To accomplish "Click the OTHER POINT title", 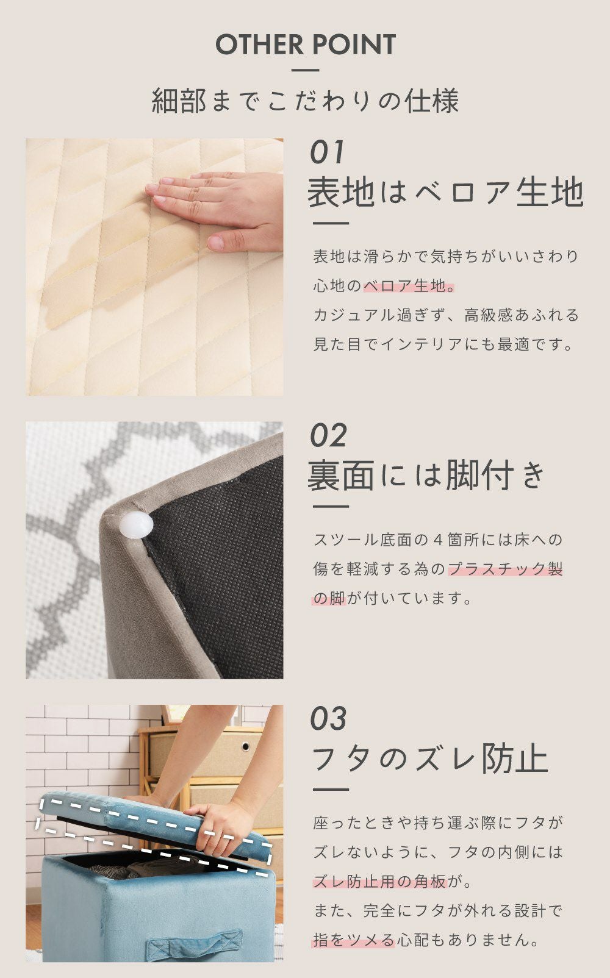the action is pyautogui.click(x=305, y=45).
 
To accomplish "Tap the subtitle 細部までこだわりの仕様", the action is pyautogui.click(x=305, y=101).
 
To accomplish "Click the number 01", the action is pyautogui.click(x=327, y=152).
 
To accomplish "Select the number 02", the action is pyautogui.click(x=328, y=435).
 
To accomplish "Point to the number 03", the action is pyautogui.click(x=328, y=718).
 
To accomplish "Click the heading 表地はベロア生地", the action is pyautogui.click(x=445, y=192).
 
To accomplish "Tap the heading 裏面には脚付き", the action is pyautogui.click(x=426, y=475).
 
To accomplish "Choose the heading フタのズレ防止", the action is pyautogui.click(x=430, y=758).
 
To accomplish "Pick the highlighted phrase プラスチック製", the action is pyautogui.click(x=506, y=568).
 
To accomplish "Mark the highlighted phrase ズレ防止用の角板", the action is pyautogui.click(x=379, y=882).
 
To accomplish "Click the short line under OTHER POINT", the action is pyautogui.click(x=305, y=70).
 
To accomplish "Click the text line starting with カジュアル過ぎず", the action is pyautogui.click(x=446, y=315).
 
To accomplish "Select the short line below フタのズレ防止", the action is pyautogui.click(x=331, y=790).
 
